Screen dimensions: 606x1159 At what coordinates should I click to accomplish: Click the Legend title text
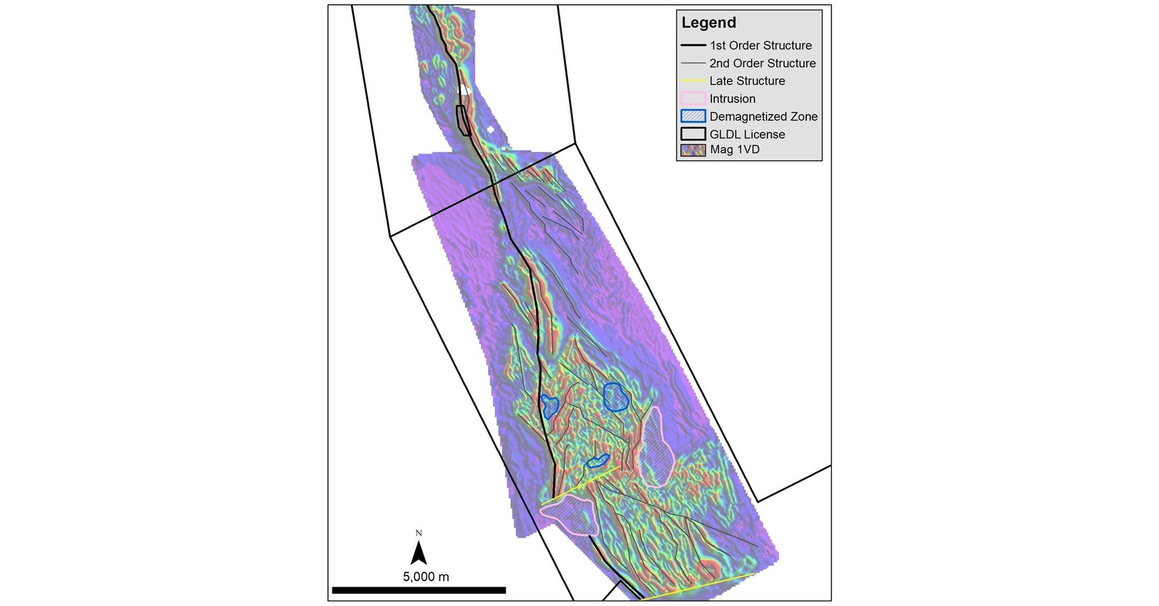[708, 23]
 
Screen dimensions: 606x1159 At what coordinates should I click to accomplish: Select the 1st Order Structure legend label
[760, 45]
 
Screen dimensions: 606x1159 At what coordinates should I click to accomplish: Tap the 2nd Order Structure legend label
[762, 63]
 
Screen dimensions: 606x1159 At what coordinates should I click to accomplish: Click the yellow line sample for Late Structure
[693, 81]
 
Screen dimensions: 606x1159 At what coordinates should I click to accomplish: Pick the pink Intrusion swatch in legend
[693, 99]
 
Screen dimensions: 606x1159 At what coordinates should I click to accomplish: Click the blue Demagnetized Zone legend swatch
[693, 116]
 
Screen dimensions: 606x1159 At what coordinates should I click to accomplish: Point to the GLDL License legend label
[747, 134]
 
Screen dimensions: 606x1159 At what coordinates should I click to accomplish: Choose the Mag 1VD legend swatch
[693, 150]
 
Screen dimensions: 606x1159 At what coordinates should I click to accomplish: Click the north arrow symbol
[419, 554]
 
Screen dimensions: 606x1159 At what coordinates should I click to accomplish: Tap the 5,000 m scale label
[426, 577]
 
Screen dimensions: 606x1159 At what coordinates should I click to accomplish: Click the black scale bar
[419, 590]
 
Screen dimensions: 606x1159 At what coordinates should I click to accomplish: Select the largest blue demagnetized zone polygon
[615, 397]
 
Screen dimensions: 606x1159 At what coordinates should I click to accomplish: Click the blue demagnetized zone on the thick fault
[549, 406]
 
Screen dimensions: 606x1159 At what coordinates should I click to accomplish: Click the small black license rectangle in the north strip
[463, 120]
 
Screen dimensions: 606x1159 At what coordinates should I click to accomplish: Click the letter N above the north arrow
[419, 533]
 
